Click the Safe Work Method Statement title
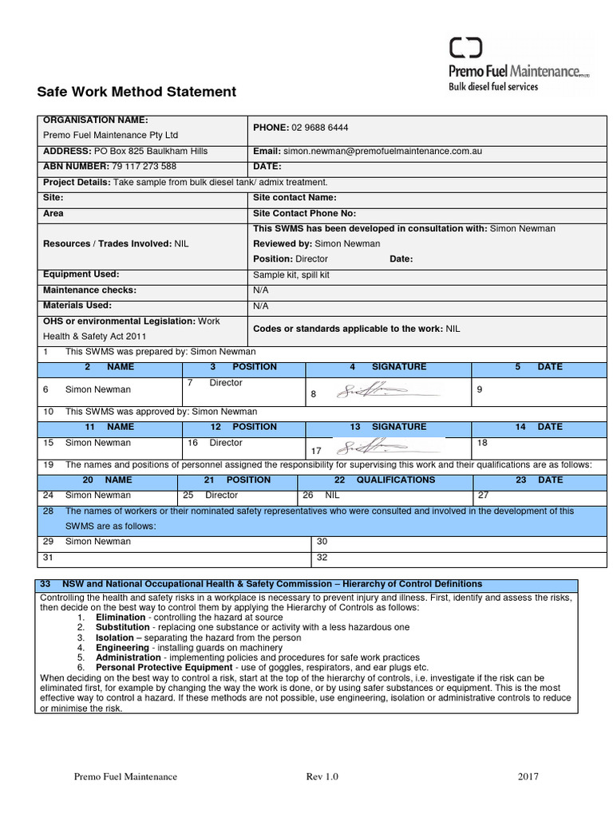coord(136,92)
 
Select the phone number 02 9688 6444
coord(320,128)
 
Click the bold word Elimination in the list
coord(121,618)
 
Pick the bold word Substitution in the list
coord(123,628)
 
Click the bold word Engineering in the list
coord(122,648)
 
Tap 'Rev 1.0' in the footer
coord(322,776)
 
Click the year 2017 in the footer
coord(528,776)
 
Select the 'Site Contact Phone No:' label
coord(304,214)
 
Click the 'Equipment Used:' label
coord(81,274)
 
